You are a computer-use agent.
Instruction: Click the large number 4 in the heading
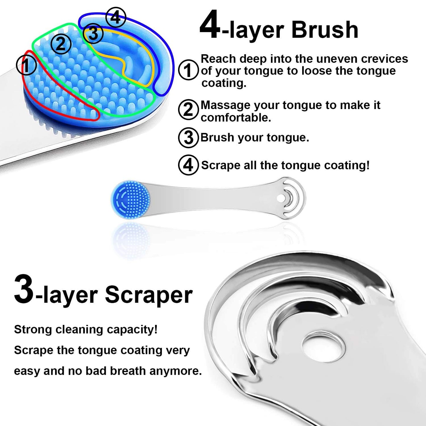210,27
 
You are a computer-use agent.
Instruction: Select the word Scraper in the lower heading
149,295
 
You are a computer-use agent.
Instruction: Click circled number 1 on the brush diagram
26,65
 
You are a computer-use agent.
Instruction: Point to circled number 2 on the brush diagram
61,44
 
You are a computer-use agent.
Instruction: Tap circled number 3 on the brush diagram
93,33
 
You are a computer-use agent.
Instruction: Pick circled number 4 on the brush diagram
116,17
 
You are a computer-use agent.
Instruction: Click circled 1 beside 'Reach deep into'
188,70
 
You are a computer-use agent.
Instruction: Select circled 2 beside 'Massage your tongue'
188,110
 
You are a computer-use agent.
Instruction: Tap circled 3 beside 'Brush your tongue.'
188,138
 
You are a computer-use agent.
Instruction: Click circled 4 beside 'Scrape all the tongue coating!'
188,165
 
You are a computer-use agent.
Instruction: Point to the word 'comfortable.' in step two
236,118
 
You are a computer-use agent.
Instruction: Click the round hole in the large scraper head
323,344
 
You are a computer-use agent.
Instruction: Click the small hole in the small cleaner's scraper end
282,197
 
